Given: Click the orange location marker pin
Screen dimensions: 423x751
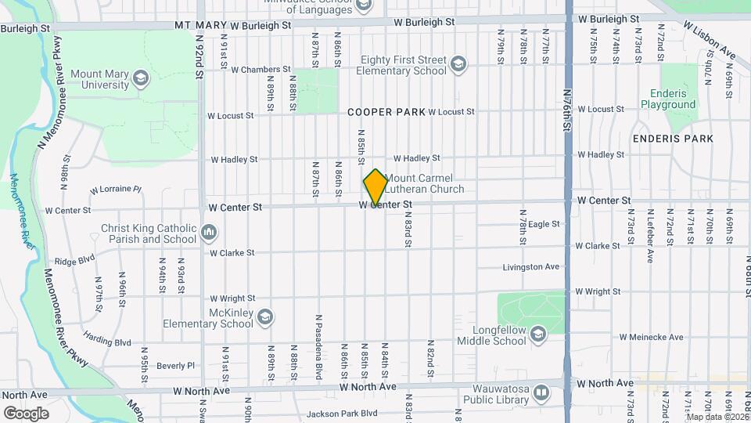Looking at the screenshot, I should point(375,186).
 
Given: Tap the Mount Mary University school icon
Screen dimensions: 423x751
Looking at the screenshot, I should point(140,78).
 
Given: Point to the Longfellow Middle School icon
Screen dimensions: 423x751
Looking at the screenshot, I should point(537,334).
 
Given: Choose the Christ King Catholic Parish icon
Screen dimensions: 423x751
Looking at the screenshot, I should point(209,233).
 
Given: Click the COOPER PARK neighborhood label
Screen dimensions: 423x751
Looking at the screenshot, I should point(386,112).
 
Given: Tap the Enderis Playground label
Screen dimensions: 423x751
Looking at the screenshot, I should point(668,99).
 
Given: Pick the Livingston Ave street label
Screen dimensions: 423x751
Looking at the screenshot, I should point(531,267).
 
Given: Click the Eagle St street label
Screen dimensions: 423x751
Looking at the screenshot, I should point(544,224).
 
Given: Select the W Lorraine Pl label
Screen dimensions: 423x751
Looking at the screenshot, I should point(115,190).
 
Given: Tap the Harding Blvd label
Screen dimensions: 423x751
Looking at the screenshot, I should point(107,342).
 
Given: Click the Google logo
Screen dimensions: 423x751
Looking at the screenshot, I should point(26,413).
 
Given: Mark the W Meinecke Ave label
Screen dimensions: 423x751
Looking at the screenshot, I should point(652,338).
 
